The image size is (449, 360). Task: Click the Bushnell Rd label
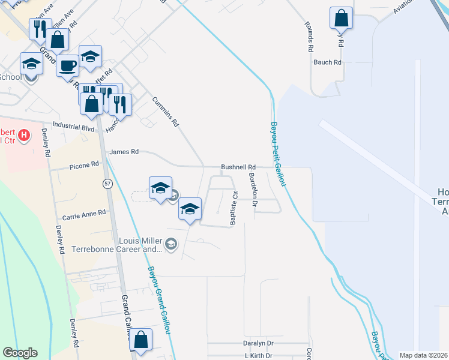click(238, 167)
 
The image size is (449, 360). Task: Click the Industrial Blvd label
click(74, 127)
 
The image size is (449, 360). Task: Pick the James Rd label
click(124, 152)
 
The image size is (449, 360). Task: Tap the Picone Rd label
click(83, 165)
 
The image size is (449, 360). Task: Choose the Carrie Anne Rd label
click(84, 212)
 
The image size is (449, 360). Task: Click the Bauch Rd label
click(327, 62)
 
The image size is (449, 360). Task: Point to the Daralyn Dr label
click(258, 343)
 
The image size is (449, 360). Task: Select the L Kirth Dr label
click(259, 356)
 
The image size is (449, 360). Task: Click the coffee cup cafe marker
click(67, 65)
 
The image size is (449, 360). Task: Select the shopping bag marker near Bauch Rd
click(341, 18)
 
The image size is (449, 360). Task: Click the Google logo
click(20, 353)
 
